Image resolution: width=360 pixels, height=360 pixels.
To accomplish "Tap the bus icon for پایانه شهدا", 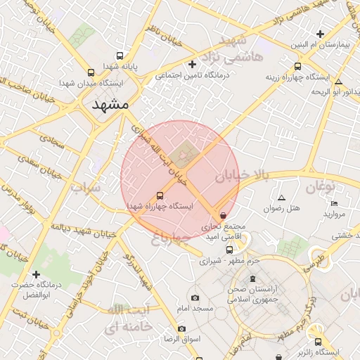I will (120, 55).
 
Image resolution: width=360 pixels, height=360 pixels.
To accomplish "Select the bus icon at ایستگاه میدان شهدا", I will (91, 72).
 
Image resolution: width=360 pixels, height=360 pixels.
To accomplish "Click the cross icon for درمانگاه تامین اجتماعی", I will (191, 65).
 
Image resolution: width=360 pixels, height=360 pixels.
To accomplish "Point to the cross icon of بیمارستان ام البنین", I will (320, 34).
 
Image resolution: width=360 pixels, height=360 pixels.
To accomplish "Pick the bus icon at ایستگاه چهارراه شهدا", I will (160, 196).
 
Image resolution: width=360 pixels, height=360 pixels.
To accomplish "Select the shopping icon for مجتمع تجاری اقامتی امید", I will (224, 216).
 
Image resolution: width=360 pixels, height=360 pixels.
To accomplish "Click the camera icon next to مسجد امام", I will (197, 297).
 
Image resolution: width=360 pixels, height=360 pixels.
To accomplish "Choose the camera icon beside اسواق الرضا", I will (182, 328).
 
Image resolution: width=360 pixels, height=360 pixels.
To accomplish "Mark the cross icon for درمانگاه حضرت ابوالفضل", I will (37, 274).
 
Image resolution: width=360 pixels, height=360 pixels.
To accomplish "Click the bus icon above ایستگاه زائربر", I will (318, 340).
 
